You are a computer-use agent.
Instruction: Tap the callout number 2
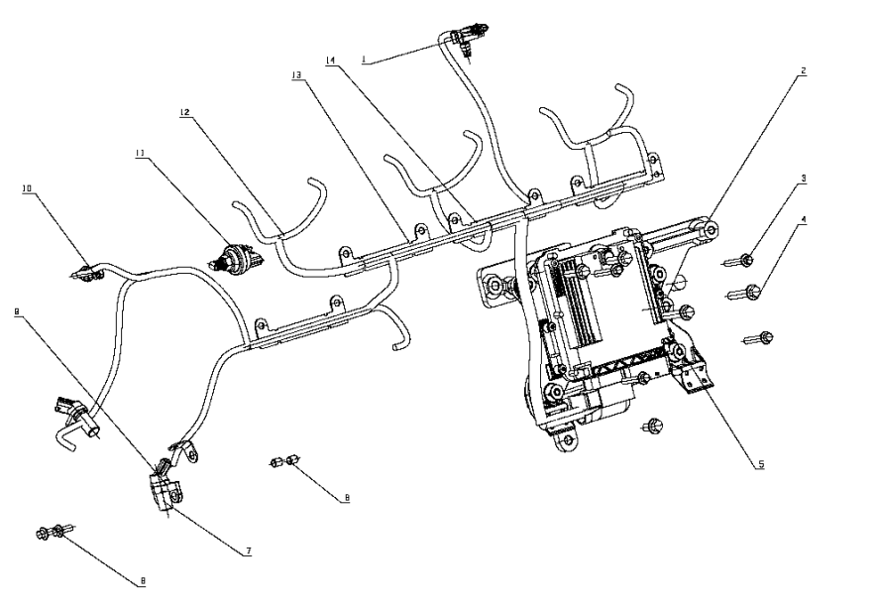[x=803, y=72]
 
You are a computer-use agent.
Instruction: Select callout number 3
[x=804, y=180]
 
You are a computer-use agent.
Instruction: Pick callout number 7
[x=248, y=549]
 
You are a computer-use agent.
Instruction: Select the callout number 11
[x=140, y=153]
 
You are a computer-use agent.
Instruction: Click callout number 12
[x=184, y=113]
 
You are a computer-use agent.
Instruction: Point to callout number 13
[x=295, y=74]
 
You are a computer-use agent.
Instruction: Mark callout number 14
[x=331, y=61]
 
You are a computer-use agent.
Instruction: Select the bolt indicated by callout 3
[x=743, y=261]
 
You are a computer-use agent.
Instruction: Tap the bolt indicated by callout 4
[x=748, y=292]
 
